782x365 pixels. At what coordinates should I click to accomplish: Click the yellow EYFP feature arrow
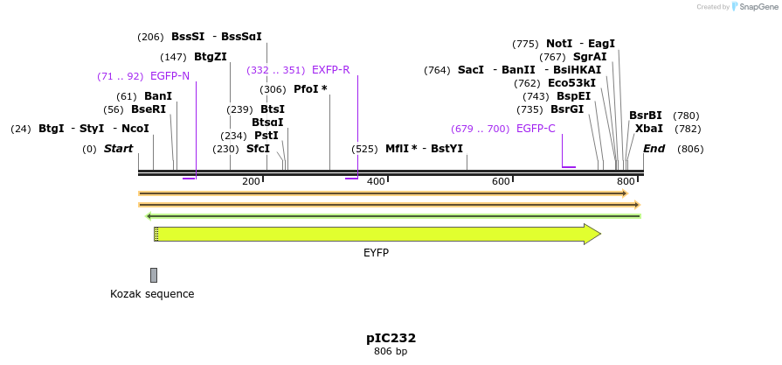click(x=376, y=234)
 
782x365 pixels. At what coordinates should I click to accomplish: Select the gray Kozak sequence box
click(x=154, y=275)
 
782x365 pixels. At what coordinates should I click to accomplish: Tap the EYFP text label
click(x=376, y=253)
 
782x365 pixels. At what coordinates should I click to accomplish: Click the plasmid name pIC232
click(x=391, y=338)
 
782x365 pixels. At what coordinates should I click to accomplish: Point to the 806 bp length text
click(x=391, y=352)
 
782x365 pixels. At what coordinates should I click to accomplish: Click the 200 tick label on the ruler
click(x=251, y=181)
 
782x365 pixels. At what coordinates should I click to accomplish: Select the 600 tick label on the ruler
click(x=501, y=181)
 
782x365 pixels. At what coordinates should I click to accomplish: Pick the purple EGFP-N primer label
click(x=170, y=76)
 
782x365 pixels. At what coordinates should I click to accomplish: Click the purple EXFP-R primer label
click(x=330, y=70)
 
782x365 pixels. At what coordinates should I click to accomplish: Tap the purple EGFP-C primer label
click(x=535, y=129)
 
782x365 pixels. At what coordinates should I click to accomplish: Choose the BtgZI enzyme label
click(x=211, y=57)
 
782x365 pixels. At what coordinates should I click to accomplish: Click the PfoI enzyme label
click(x=310, y=89)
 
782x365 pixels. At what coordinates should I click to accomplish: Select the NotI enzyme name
click(x=559, y=44)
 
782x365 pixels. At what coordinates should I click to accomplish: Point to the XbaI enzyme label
click(x=649, y=129)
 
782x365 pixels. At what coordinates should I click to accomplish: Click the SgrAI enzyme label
click(x=590, y=57)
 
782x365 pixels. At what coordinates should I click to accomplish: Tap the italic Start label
click(x=118, y=149)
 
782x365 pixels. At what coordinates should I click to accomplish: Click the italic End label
click(x=654, y=149)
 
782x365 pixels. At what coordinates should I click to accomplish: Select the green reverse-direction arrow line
click(x=393, y=216)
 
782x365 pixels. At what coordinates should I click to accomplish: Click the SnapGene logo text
click(x=758, y=7)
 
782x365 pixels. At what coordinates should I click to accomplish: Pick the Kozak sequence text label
click(x=152, y=294)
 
